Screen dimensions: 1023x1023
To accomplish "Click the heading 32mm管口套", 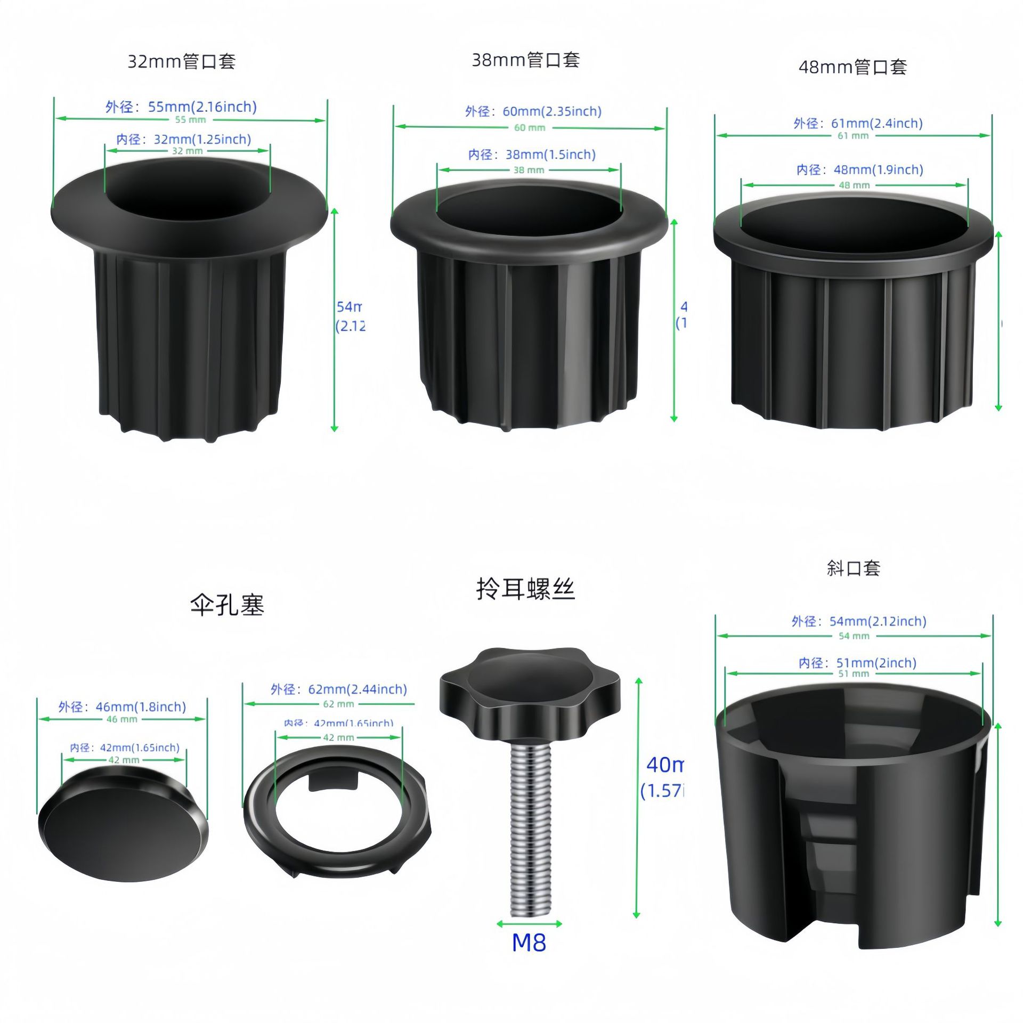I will [181, 62].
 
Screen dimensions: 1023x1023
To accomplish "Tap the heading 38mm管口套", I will [525, 60].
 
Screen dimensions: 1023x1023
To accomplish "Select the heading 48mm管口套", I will [852, 68].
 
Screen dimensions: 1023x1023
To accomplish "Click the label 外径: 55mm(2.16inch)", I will [181, 107].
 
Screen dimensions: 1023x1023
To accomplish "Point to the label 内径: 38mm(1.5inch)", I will [532, 155].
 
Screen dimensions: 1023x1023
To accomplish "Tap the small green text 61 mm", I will [853, 136].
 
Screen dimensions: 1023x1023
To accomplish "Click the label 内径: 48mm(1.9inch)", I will [859, 170].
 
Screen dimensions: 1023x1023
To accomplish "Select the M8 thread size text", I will [529, 943].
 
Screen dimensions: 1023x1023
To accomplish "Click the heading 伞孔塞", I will [227, 605].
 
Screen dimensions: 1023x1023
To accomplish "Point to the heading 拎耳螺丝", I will [525, 590].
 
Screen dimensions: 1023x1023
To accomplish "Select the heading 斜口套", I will [853, 569].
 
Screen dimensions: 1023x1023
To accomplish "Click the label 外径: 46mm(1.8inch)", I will [122, 707].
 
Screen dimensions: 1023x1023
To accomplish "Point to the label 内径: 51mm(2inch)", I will [857, 663].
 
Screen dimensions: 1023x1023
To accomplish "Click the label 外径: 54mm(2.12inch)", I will [859, 621].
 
